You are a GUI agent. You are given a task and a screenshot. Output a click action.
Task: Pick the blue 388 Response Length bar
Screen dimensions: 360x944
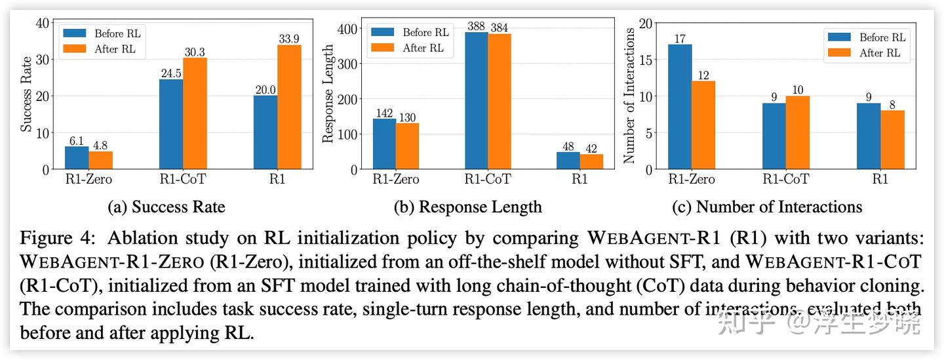pos(477,100)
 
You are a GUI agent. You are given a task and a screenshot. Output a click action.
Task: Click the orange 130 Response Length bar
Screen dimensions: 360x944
pos(407,146)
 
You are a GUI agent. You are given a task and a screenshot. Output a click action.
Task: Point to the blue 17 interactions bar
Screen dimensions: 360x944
pos(680,107)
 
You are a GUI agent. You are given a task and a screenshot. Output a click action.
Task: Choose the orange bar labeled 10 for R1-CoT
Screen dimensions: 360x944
pos(797,132)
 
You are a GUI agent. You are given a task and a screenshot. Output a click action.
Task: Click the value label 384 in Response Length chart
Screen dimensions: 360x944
pos(499,28)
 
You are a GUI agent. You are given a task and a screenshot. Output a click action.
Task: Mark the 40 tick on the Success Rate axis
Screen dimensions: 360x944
pos(43,23)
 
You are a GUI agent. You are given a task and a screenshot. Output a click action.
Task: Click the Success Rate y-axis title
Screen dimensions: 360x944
pos(26,96)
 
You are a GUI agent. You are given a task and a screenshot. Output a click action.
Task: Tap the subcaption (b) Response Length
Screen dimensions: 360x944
pos(467,207)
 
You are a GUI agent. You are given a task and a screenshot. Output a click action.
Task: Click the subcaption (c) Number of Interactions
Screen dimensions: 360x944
pos(767,207)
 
